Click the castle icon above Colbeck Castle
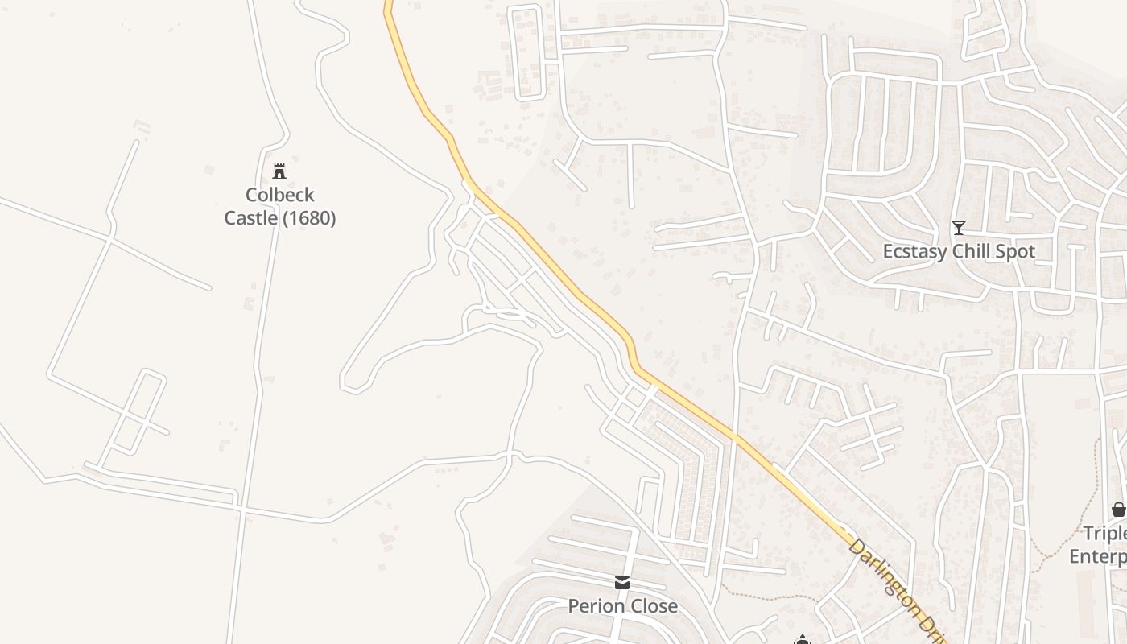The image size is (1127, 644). (279, 171)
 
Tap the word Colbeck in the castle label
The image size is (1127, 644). (279, 195)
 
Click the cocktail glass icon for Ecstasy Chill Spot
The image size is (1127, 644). (958, 228)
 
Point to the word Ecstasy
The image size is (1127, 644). (914, 251)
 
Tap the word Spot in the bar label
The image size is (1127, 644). (1016, 251)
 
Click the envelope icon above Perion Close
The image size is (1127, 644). (622, 582)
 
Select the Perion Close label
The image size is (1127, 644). (622, 606)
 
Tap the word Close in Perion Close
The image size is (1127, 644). (653, 606)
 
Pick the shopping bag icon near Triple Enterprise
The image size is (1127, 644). (1118, 510)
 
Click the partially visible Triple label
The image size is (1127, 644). (1104, 534)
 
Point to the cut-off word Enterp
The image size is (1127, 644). (1098, 556)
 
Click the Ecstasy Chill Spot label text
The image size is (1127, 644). (958, 251)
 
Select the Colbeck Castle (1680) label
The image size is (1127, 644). (279, 207)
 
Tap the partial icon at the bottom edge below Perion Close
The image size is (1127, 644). (802, 640)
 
